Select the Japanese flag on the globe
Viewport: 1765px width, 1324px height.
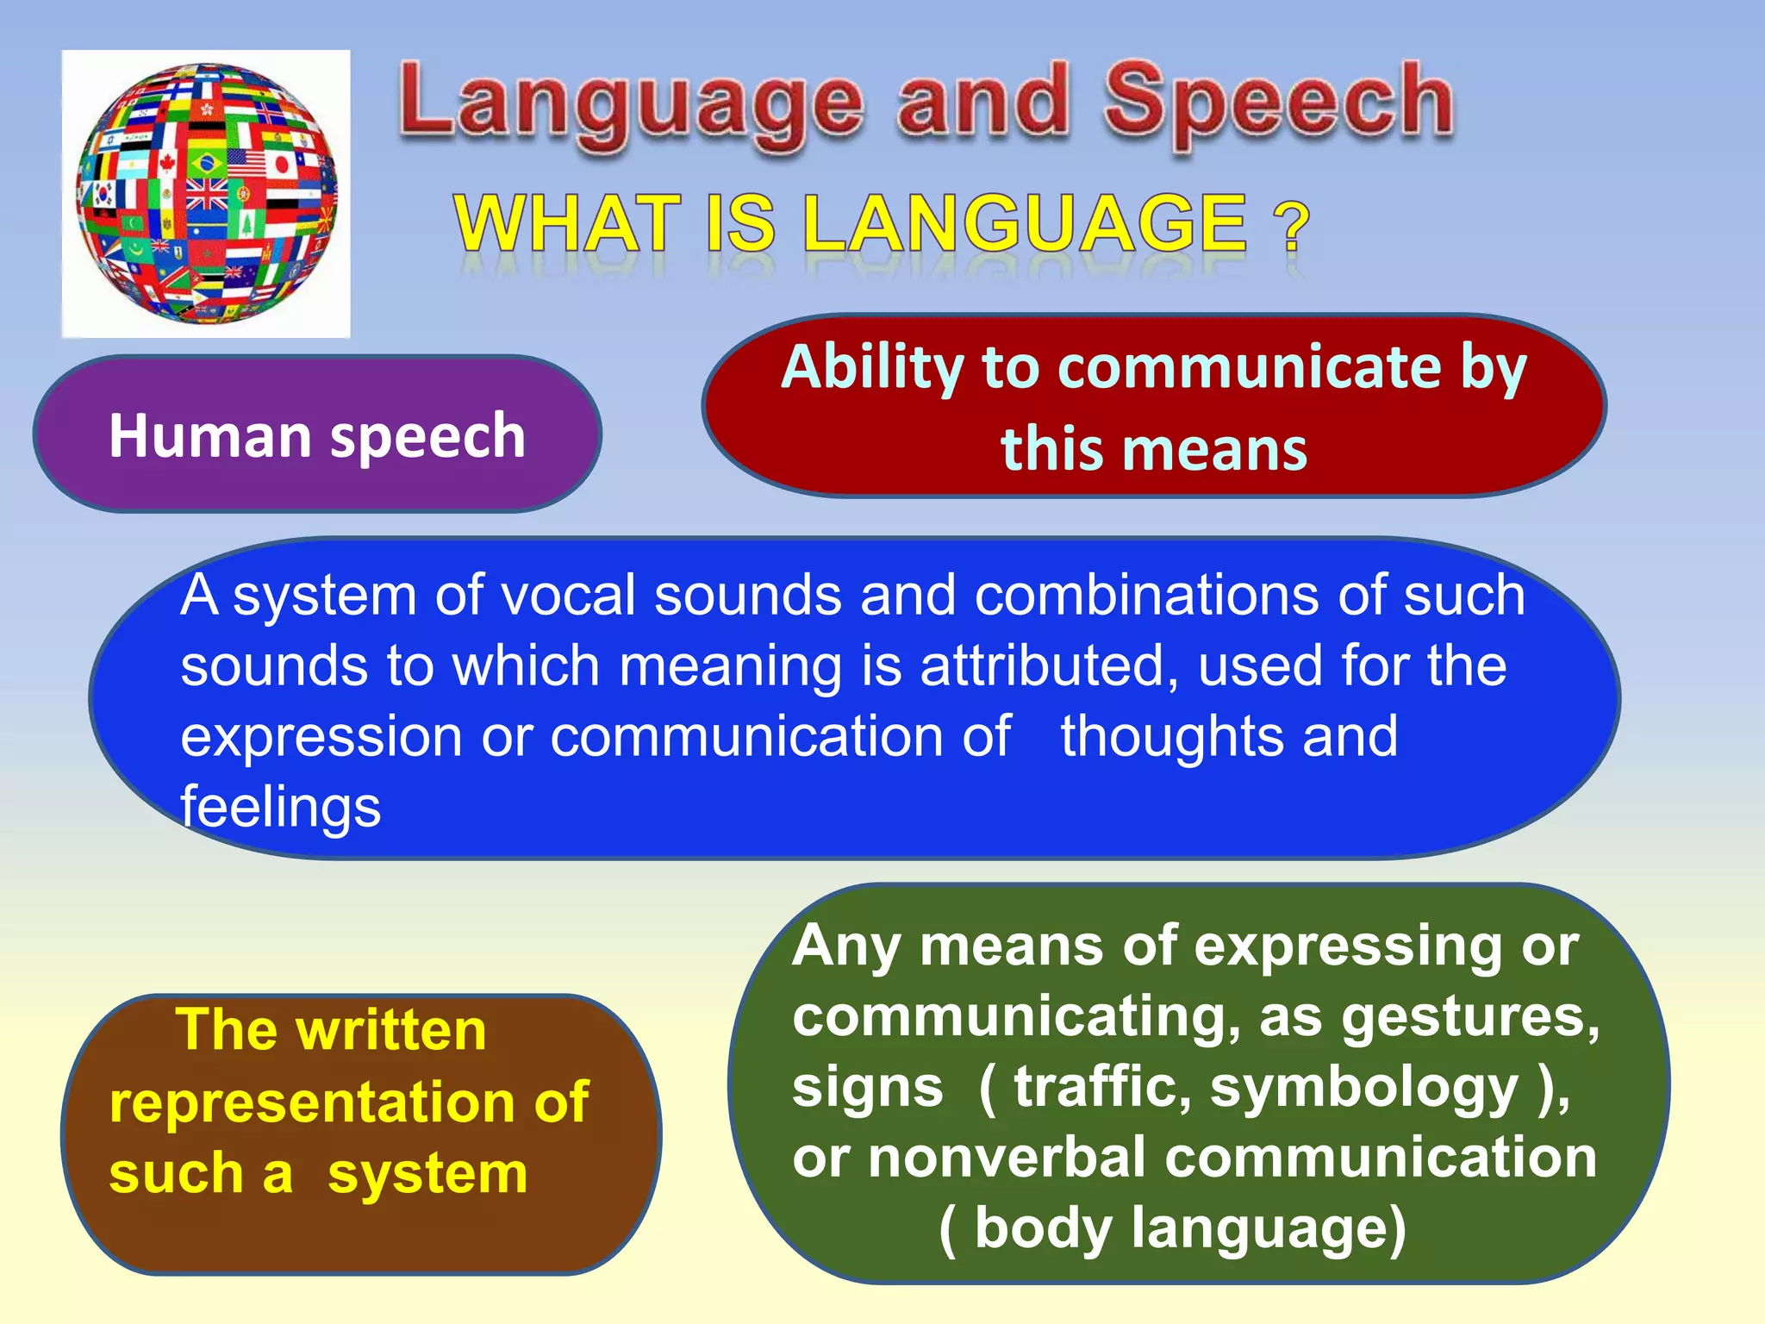(x=280, y=164)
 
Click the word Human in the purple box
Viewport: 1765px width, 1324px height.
(x=210, y=436)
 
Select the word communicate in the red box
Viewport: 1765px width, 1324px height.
(x=1249, y=368)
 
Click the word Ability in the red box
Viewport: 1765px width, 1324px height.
(x=871, y=368)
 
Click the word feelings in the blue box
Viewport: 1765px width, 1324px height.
(x=280, y=809)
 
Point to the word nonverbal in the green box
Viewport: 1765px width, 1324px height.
(x=1007, y=1158)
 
